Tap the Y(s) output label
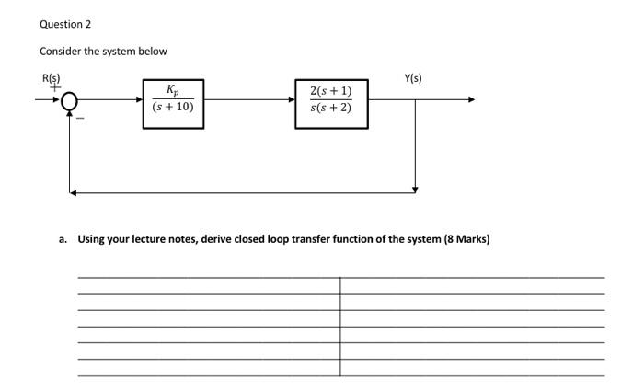click(x=414, y=78)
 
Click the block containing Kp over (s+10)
click(x=173, y=100)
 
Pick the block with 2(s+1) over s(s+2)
click(x=330, y=100)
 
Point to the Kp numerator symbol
click(x=173, y=90)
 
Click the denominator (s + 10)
click(x=173, y=109)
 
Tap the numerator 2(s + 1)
click(x=330, y=90)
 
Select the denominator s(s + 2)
click(x=330, y=110)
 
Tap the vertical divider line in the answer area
click(x=339, y=327)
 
